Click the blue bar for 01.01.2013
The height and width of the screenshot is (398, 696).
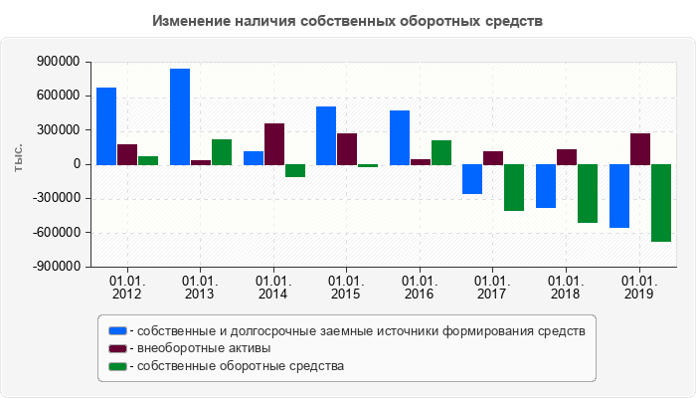pos(180,116)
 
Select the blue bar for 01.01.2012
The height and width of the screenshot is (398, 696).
pos(106,125)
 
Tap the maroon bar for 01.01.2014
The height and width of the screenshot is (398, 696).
pos(274,143)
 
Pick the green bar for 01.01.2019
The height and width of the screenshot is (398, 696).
pos(661,203)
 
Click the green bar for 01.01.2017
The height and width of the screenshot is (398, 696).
pos(514,187)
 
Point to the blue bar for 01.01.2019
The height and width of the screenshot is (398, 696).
pos(619,196)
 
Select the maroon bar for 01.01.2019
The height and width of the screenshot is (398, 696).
pos(640,148)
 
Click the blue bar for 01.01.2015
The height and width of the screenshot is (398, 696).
pos(326,135)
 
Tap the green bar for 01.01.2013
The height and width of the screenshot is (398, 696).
pos(222,151)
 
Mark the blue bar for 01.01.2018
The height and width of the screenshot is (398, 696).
pos(546,186)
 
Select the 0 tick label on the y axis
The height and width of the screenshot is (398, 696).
pos(76,164)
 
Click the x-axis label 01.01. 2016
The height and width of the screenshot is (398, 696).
pos(420,288)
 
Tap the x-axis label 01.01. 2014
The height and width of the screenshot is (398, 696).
pos(273,288)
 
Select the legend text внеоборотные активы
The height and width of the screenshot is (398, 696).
pos(205,348)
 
